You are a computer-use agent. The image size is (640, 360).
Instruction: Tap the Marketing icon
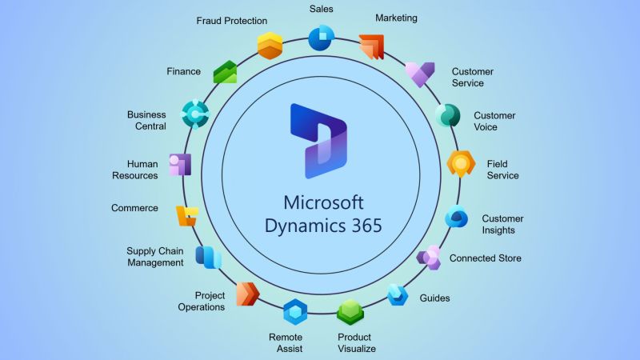coord(371,47)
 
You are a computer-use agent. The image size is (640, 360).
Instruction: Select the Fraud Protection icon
coord(270,46)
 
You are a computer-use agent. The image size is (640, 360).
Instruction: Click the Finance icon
coord(225,72)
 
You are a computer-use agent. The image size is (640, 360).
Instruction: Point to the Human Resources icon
coord(180,164)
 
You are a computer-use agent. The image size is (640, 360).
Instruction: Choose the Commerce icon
coord(186,214)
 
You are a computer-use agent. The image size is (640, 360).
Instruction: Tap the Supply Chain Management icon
coord(207,258)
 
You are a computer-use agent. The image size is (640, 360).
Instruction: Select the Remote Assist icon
coord(295,311)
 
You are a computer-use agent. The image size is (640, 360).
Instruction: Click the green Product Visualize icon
coord(350,311)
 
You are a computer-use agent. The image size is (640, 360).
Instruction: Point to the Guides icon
coord(398,294)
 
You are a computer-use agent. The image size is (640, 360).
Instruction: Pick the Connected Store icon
coord(430,258)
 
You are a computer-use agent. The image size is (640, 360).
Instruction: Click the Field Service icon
coord(462,163)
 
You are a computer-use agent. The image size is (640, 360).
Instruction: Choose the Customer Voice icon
coord(447,115)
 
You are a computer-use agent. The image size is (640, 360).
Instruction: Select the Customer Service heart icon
coord(419,74)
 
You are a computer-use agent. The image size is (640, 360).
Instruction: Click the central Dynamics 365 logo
coord(318,139)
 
